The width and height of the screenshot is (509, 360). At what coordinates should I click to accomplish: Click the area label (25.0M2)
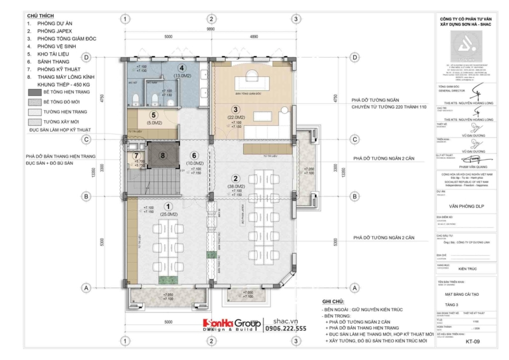(x=168, y=214)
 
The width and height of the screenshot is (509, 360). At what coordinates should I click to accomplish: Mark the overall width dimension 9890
(x=211, y=29)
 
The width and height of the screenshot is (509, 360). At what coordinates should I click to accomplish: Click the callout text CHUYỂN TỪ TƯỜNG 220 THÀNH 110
(x=388, y=107)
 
